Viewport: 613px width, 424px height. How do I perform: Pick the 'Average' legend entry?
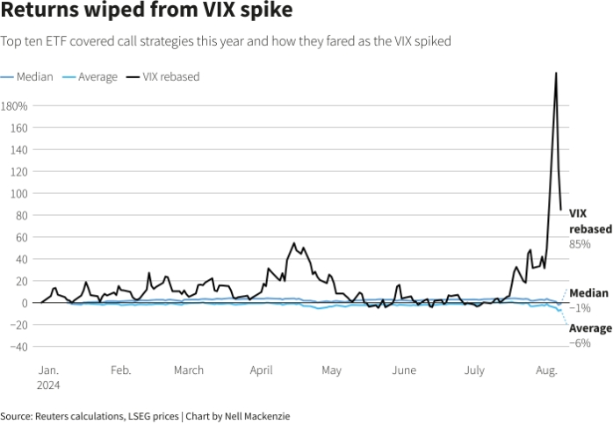tap(97, 76)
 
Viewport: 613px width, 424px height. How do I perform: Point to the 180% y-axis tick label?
tap(15, 106)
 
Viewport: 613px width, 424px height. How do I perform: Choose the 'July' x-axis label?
tap(473, 370)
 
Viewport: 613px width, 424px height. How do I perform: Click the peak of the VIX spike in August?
tap(556, 73)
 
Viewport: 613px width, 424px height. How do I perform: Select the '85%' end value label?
tap(580, 243)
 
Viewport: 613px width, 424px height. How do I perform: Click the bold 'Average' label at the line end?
tap(590, 328)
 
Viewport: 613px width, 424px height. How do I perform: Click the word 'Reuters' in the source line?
tap(54, 415)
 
